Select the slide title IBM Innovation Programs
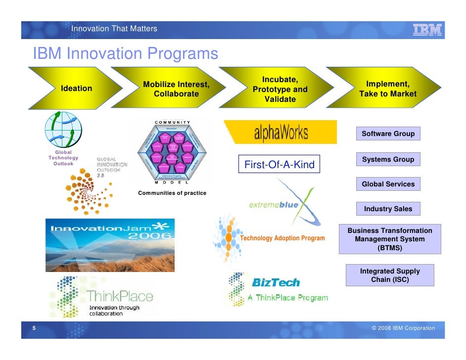click(125, 53)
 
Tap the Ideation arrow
click(76, 89)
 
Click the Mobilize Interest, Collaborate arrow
click(176, 89)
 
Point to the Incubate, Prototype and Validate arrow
click(280, 90)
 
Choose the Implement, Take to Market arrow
click(388, 89)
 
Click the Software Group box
click(388, 134)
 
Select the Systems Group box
click(388, 160)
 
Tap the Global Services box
click(388, 184)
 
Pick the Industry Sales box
click(388, 209)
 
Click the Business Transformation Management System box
click(390, 239)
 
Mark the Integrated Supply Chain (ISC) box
click(390, 275)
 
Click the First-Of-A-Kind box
click(280, 165)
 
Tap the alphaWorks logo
click(280, 133)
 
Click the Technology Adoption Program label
click(282, 238)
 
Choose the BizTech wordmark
click(276, 283)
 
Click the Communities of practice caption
click(172, 193)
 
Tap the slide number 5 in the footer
click(34, 328)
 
